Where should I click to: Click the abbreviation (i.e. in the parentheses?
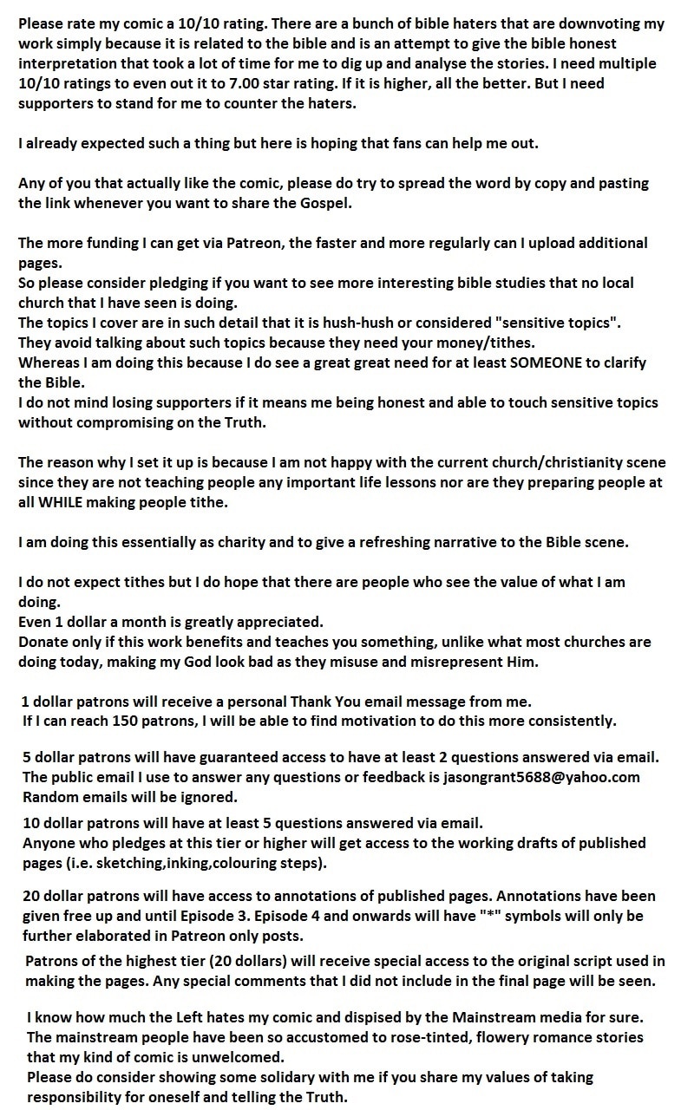(x=74, y=863)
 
